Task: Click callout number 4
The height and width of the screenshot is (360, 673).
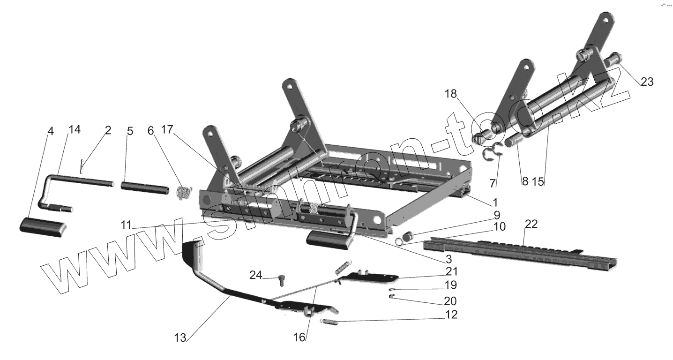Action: pos(51,132)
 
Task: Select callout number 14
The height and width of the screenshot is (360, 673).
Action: pos(74,130)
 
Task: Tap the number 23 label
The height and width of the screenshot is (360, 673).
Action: pos(647,82)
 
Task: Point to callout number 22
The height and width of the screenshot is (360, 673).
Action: pos(531,225)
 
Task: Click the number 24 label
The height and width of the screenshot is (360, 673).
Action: pos(255,275)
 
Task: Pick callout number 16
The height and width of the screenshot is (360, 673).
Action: pos(299,337)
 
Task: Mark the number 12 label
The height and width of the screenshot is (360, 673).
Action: pos(451,315)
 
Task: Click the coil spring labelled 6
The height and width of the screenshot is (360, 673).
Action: pos(185,192)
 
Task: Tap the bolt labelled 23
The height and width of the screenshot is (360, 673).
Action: pos(610,63)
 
